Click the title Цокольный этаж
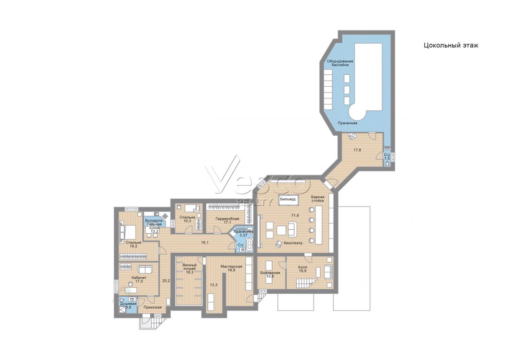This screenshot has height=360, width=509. tap(451, 46)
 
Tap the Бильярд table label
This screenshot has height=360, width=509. tap(288, 199)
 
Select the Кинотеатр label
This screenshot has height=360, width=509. tap(293, 243)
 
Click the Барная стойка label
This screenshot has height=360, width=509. tap(318, 199)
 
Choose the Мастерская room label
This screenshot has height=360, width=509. tap(231, 267)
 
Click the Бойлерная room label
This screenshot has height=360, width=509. tap(270, 273)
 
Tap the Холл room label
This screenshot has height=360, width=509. tap(303, 267)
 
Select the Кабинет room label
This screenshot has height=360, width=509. tap(139, 278)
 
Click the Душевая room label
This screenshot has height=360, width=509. tap(128, 304)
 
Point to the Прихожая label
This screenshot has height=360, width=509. tap(153, 307)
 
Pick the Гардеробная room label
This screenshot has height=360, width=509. tap(227, 219)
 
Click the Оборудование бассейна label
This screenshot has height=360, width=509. tap(340, 63)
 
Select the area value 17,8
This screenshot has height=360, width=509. tap(357, 150)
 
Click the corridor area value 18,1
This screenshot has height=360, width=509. tap(205, 242)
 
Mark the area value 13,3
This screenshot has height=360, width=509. tap(213, 285)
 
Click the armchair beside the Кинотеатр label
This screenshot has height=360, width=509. tap(279, 244)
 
